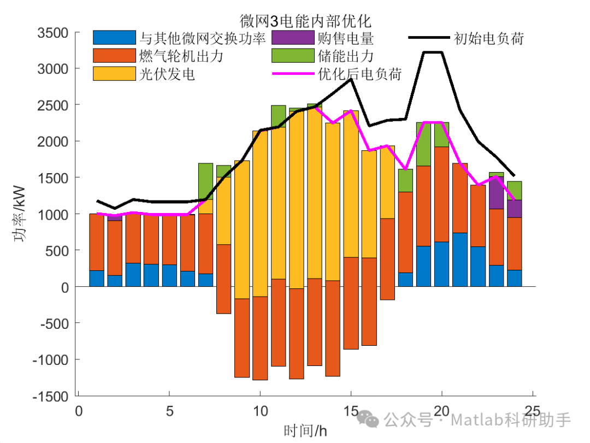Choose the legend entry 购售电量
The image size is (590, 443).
tap(345, 38)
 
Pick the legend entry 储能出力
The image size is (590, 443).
tap(345, 56)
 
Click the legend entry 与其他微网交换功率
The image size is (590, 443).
tap(203, 38)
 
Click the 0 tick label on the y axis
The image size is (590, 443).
tap(64, 287)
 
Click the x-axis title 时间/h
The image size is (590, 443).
tap(305, 430)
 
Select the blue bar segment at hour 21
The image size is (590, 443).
tap(459, 260)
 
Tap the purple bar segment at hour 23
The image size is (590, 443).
tap(496, 193)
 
